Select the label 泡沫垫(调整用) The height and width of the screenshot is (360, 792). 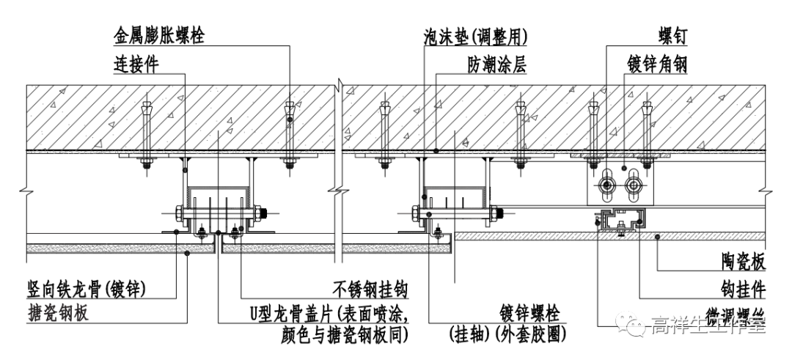coord(476,34)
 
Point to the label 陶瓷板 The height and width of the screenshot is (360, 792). coord(741,262)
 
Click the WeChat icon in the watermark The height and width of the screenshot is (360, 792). coord(630,323)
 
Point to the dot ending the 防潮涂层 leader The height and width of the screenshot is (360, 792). coord(436,151)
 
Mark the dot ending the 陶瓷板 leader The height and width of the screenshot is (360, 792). coord(658,236)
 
